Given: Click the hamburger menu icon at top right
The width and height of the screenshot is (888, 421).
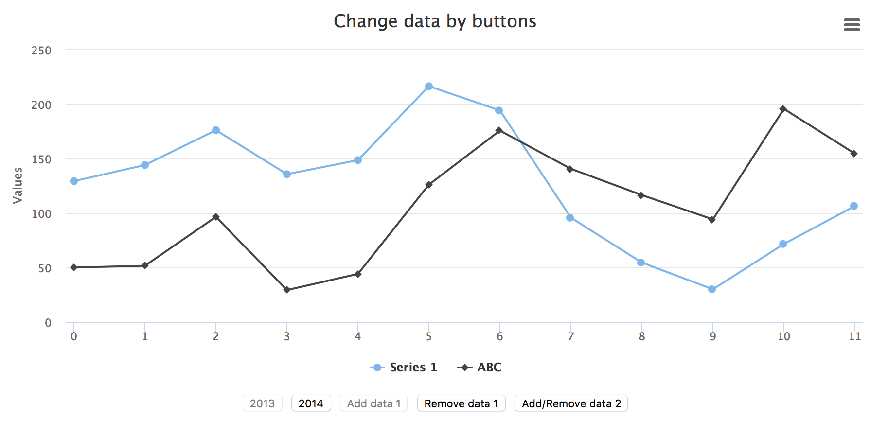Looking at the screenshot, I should (x=852, y=25).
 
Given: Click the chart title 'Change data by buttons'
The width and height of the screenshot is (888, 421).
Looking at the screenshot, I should (x=435, y=21).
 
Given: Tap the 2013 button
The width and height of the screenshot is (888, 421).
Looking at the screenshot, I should (x=262, y=403).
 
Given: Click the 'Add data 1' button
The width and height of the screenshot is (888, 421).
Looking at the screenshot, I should (x=373, y=403).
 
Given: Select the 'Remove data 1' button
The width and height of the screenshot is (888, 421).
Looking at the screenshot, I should (x=461, y=403).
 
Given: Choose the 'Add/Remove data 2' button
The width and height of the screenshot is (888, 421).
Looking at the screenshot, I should (x=571, y=403).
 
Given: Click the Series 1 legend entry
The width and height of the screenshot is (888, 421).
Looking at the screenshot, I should (x=404, y=368).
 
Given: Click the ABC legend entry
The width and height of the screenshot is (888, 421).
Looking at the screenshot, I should (x=480, y=368).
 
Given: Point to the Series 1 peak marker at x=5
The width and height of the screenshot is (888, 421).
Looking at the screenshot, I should (x=429, y=87).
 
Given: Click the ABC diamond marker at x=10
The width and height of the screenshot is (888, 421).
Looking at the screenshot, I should (x=783, y=109).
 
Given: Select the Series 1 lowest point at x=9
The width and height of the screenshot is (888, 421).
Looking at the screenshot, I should (x=712, y=289).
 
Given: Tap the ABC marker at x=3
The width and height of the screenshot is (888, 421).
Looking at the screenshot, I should (x=287, y=290).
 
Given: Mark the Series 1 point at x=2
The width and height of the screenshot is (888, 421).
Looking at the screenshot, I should (x=216, y=130).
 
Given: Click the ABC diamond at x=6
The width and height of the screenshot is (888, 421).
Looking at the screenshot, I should (x=499, y=130).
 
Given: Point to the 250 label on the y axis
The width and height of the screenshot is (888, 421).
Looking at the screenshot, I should (x=41, y=51).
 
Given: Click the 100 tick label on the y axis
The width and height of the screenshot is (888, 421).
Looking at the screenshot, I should (x=41, y=214).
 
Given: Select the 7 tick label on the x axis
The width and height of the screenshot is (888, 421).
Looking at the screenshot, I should (x=570, y=336).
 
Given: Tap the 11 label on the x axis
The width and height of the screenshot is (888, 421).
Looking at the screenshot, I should (x=854, y=336).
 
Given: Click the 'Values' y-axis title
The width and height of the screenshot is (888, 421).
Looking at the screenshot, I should (x=18, y=186).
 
